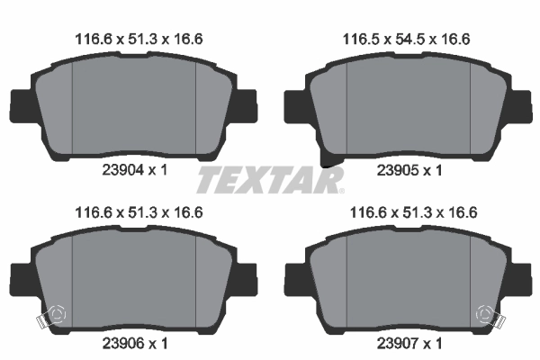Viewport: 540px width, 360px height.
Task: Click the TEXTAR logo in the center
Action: [x=270, y=181]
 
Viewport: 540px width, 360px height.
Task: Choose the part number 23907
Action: [x=395, y=343]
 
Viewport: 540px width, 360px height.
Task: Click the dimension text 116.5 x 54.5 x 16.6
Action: [x=408, y=38]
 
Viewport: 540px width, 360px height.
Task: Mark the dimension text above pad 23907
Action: [x=408, y=212]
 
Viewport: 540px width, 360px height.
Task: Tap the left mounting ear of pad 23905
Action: [x=294, y=105]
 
